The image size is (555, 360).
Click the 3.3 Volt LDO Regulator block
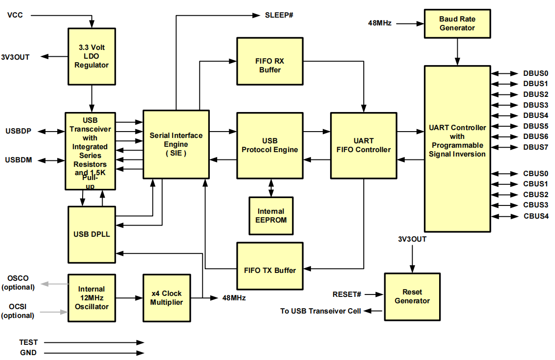point(91,56)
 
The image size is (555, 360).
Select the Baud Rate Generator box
point(457,23)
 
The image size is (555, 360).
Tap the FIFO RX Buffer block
point(269,61)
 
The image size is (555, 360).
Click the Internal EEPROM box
point(271,216)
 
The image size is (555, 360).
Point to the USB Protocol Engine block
point(269,145)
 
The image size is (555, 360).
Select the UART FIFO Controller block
point(363,145)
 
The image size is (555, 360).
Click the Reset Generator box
point(412,296)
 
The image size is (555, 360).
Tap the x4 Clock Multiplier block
point(165,297)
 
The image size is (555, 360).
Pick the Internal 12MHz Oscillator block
point(91,297)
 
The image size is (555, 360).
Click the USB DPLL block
point(91,234)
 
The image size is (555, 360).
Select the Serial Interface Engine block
point(176,144)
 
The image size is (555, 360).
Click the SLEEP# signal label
point(279,15)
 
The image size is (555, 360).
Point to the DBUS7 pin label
point(535,147)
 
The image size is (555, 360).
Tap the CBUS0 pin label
point(535,174)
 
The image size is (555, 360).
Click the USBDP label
point(19,131)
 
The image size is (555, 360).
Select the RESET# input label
point(347,294)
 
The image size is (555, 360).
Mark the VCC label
point(15,15)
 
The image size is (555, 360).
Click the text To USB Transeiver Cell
point(320,311)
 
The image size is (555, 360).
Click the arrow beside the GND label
point(93,353)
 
